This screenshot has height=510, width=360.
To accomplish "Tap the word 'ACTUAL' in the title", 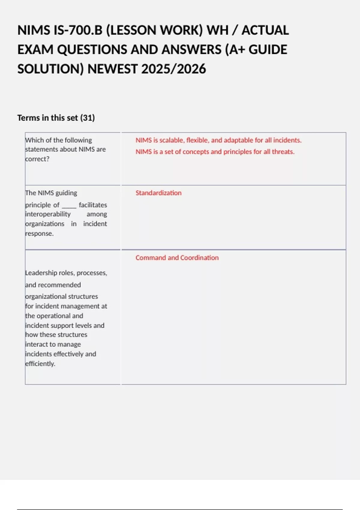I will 265,30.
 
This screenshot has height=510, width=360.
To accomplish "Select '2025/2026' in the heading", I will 173,69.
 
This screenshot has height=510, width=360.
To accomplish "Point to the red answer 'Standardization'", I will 158,193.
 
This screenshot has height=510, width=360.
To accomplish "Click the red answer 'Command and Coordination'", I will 177,258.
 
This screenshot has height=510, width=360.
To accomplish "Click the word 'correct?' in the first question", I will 37,159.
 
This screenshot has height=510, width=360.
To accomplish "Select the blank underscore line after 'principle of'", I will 69,205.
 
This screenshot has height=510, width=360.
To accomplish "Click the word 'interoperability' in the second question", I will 48,214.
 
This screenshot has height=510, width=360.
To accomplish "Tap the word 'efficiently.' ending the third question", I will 40,364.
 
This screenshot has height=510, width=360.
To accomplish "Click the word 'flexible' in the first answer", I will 197,140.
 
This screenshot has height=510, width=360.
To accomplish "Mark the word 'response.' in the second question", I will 39,233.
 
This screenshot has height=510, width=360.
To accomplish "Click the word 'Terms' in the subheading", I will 28,118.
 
